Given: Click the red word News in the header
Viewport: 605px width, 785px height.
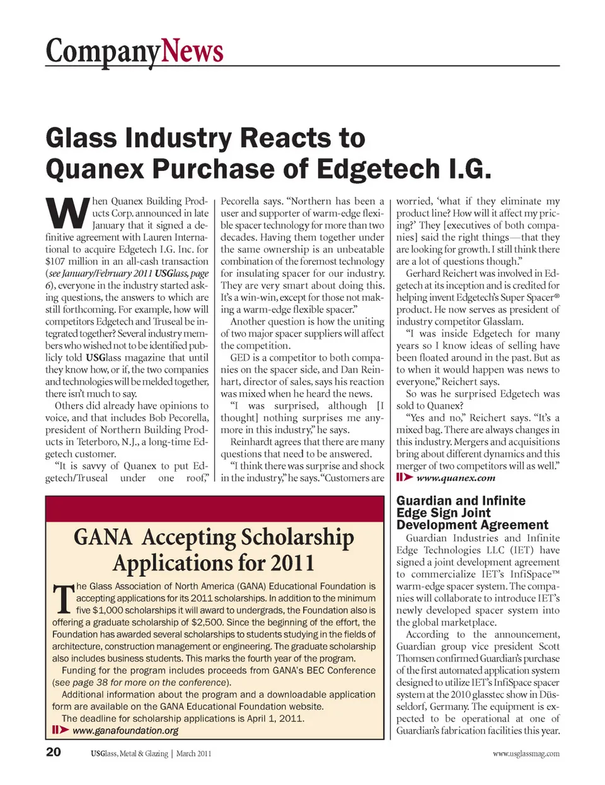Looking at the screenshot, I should [192, 51].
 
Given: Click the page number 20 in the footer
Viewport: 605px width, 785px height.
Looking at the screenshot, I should [54, 752].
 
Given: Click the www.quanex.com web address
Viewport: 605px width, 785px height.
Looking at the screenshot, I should [456, 478].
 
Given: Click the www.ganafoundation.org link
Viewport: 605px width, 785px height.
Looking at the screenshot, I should [125, 731].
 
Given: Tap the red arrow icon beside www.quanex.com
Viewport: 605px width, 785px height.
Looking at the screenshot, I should [404, 477].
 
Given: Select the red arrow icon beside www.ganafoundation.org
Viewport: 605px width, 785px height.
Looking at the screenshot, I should [60, 730].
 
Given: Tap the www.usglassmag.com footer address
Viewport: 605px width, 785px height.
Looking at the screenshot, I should [526, 753].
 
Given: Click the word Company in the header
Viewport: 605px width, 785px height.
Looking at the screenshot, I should [103, 51].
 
